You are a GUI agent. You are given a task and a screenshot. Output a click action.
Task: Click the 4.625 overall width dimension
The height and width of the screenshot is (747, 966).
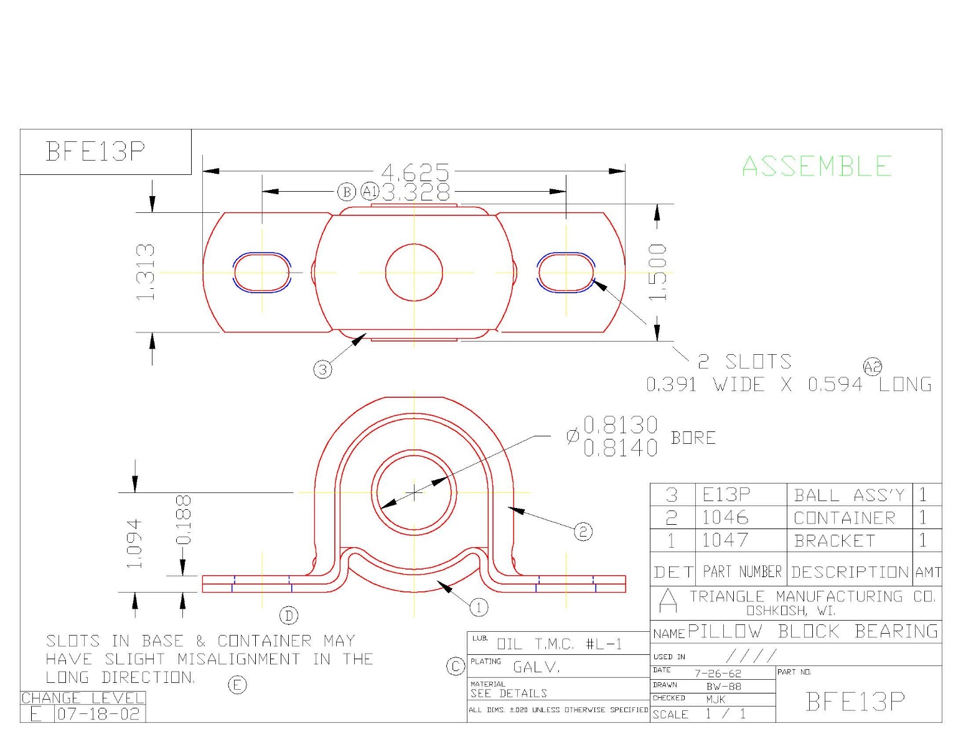coord(415,171)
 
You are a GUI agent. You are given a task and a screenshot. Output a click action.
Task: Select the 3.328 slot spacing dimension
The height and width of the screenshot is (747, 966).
coord(415,192)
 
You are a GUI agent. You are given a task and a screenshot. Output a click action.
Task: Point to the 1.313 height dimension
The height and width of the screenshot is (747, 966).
coord(145,272)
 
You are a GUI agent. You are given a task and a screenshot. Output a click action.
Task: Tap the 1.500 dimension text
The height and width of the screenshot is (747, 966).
coord(657,272)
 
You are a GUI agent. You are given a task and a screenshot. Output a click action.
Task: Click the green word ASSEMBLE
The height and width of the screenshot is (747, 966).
coord(817,167)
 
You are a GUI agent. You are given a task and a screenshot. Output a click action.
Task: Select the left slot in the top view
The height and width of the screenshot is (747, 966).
coord(262,272)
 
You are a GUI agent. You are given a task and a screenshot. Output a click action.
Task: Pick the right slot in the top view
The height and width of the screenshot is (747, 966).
coord(566,272)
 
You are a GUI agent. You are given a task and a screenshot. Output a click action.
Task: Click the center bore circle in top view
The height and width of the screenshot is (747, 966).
coord(414,272)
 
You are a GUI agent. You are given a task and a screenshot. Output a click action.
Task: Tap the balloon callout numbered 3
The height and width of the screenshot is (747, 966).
coord(322,369)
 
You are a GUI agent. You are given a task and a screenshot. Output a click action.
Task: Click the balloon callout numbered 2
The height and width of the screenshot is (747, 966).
coord(583,531)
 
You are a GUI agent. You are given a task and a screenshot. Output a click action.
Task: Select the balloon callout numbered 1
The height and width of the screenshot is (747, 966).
coord(478,607)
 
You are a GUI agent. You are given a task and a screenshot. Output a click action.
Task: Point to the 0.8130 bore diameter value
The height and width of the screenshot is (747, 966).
coord(620,425)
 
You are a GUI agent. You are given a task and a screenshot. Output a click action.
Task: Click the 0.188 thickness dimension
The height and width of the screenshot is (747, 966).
coord(184,519)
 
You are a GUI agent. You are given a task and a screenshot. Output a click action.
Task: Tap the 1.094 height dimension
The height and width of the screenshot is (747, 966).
coord(135,543)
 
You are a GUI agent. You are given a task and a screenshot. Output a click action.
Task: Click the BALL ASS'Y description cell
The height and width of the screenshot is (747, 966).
coord(848,496)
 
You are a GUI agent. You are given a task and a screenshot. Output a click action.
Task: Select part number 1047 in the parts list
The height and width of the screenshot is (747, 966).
coord(725,540)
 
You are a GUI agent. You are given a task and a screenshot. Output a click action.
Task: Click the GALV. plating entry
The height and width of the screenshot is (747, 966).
coord(537,667)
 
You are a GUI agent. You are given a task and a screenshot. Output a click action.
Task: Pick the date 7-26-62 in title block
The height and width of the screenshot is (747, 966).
coord(718,674)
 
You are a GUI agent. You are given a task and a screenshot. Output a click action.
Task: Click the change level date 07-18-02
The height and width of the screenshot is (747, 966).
coord(99,714)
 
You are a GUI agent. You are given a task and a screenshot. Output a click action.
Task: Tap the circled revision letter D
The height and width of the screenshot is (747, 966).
coord(289,616)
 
